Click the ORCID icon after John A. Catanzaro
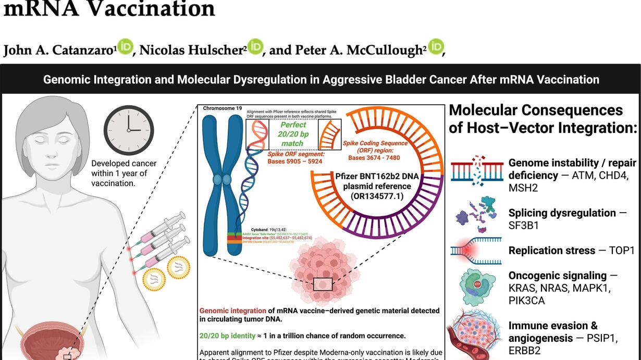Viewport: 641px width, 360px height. (x=125, y=47)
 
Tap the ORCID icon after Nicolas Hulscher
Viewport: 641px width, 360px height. (x=255, y=47)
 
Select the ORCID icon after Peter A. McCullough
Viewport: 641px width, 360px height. (x=436, y=47)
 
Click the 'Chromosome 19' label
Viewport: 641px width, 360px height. (x=223, y=108)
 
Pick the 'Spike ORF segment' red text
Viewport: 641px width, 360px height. (x=297, y=154)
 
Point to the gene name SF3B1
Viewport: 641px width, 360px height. (x=524, y=226)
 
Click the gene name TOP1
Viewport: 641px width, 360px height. (x=622, y=251)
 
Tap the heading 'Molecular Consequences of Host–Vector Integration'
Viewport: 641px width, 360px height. (x=543, y=119)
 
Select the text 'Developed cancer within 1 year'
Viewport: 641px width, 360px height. (x=124, y=168)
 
